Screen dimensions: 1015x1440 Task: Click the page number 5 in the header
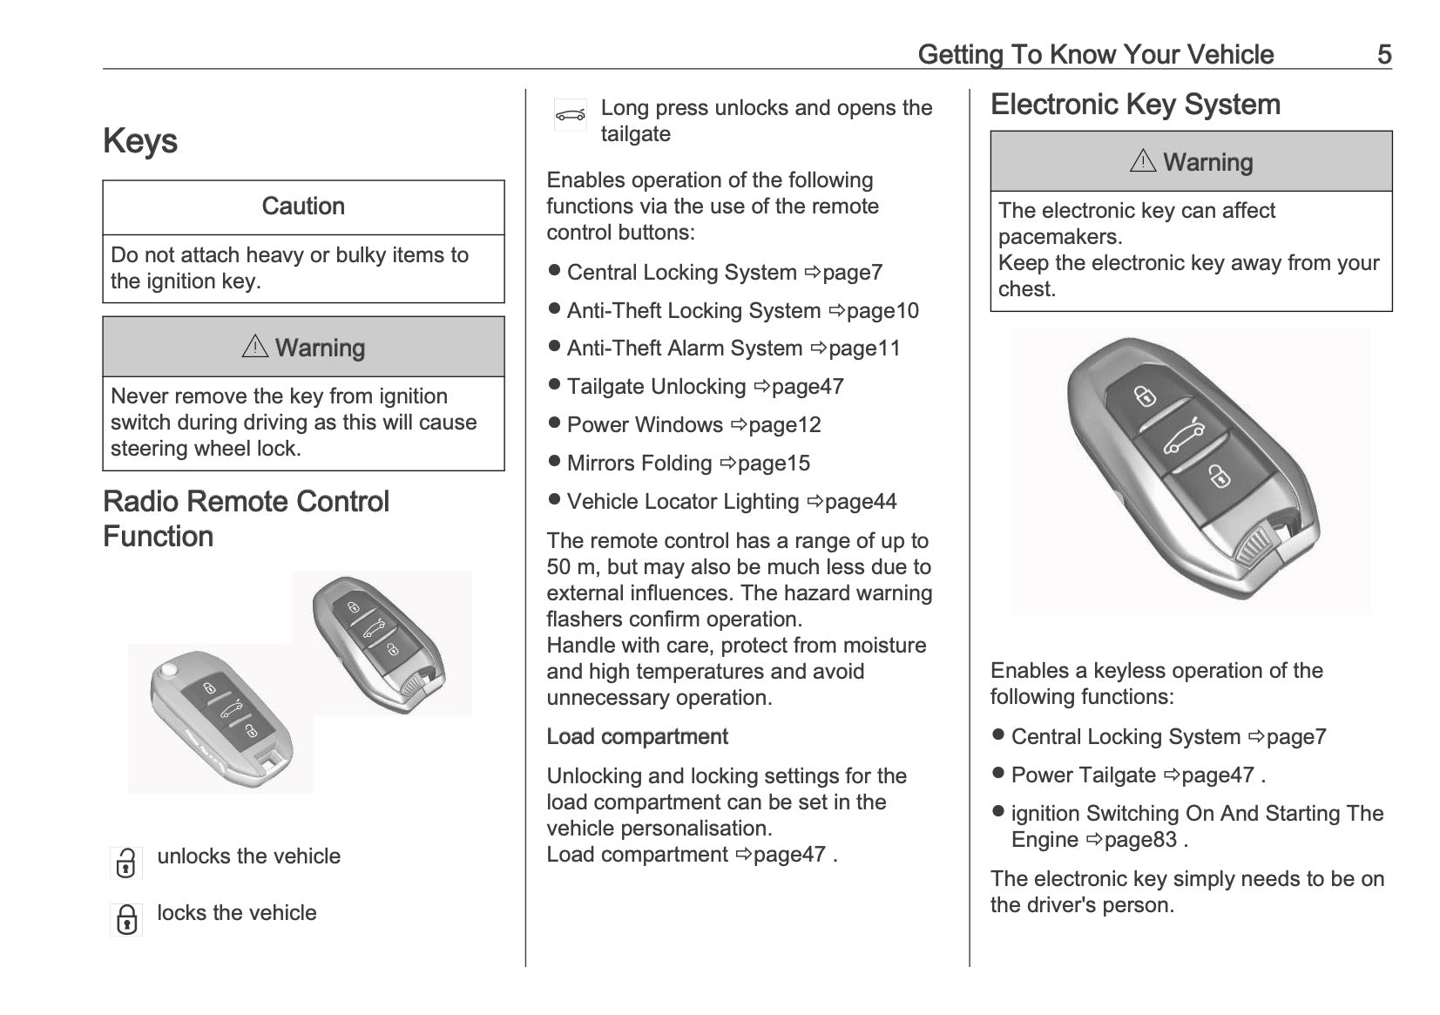tap(1383, 55)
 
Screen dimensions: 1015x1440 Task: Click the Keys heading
tap(140, 141)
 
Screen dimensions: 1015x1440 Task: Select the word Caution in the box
tap(303, 206)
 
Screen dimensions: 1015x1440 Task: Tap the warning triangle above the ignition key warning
tap(254, 347)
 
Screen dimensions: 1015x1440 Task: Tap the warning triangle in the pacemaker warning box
tap(1142, 161)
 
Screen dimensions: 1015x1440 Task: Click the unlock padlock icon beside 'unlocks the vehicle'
tap(126, 863)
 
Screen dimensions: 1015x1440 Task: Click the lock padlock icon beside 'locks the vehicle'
tap(126, 919)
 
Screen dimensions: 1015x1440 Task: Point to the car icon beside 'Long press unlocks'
tap(571, 115)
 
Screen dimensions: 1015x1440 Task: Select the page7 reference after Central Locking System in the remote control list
tap(852, 273)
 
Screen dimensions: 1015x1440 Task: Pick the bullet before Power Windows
tap(554, 423)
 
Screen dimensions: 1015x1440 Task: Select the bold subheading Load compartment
tap(637, 737)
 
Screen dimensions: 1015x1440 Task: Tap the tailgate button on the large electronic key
tap(1184, 436)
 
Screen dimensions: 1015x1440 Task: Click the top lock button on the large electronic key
tap(1145, 396)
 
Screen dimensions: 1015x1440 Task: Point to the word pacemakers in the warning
tap(1059, 237)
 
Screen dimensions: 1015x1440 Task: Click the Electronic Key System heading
tap(1135, 105)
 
